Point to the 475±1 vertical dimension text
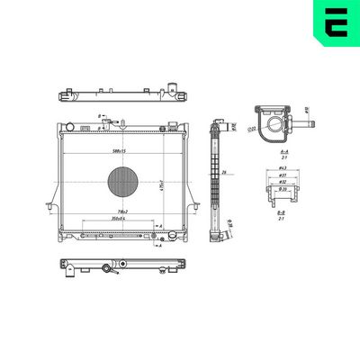click(161, 184)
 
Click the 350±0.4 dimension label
click(116, 219)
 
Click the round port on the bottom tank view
click(109, 267)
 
